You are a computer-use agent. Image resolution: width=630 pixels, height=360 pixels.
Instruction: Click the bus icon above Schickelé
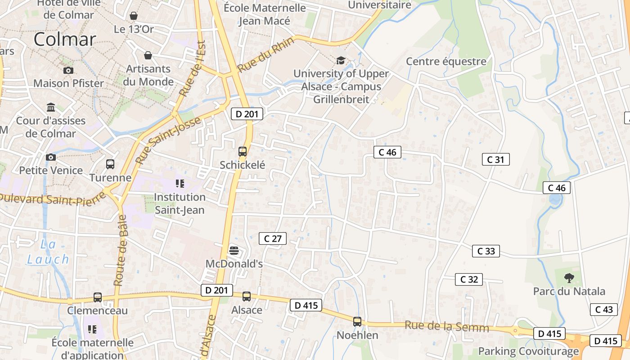(x=243, y=152)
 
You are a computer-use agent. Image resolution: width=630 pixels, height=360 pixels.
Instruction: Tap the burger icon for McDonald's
(x=233, y=250)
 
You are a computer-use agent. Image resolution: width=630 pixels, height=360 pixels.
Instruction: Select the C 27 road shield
(x=273, y=238)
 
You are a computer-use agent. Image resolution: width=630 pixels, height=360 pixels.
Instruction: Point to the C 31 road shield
(x=495, y=159)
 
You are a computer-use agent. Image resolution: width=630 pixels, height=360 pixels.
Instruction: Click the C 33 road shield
(x=486, y=251)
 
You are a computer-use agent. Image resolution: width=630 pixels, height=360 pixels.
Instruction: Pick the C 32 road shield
(x=468, y=279)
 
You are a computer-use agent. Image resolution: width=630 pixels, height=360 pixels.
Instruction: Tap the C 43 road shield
(x=603, y=310)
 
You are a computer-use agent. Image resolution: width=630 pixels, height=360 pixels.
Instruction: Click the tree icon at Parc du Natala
(x=569, y=278)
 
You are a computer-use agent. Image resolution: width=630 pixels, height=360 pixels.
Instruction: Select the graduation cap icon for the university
(x=341, y=60)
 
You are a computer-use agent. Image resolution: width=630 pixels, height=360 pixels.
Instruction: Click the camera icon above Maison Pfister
(x=68, y=70)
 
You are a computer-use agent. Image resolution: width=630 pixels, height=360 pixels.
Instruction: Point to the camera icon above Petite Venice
(x=51, y=157)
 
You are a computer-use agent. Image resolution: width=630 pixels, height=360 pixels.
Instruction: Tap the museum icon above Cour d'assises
(x=51, y=108)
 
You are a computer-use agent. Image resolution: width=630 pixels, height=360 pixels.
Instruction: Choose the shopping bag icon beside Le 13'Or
(x=134, y=16)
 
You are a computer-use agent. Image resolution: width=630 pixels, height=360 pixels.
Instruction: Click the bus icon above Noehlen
(x=357, y=322)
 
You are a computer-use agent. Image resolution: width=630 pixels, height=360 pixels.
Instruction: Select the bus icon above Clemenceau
(x=98, y=297)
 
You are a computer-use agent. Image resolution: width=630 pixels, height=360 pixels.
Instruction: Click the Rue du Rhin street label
(x=265, y=55)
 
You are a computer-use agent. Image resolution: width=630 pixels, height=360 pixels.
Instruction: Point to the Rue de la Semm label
(x=446, y=326)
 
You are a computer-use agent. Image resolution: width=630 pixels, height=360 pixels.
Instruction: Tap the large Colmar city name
(x=65, y=39)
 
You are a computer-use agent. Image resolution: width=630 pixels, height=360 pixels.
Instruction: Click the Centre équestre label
(x=446, y=61)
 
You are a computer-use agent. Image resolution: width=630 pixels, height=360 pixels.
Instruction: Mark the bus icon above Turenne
(x=110, y=164)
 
